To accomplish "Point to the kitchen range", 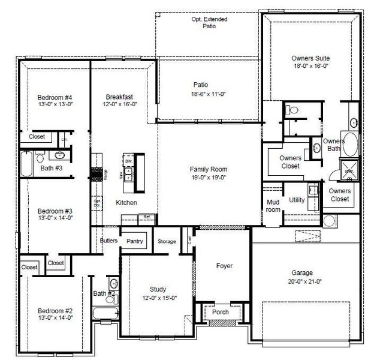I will [x=96, y=174].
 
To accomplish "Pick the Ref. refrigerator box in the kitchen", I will [x=147, y=217].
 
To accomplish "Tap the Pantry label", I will [x=135, y=241].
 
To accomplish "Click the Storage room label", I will [x=167, y=242].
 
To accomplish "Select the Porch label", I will [x=221, y=312].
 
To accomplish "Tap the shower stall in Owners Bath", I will [x=349, y=170].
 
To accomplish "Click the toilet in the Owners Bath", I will [x=290, y=110].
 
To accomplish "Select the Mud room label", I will [x=273, y=206].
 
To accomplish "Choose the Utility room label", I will [x=297, y=200].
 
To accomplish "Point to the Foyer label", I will [x=224, y=266].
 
